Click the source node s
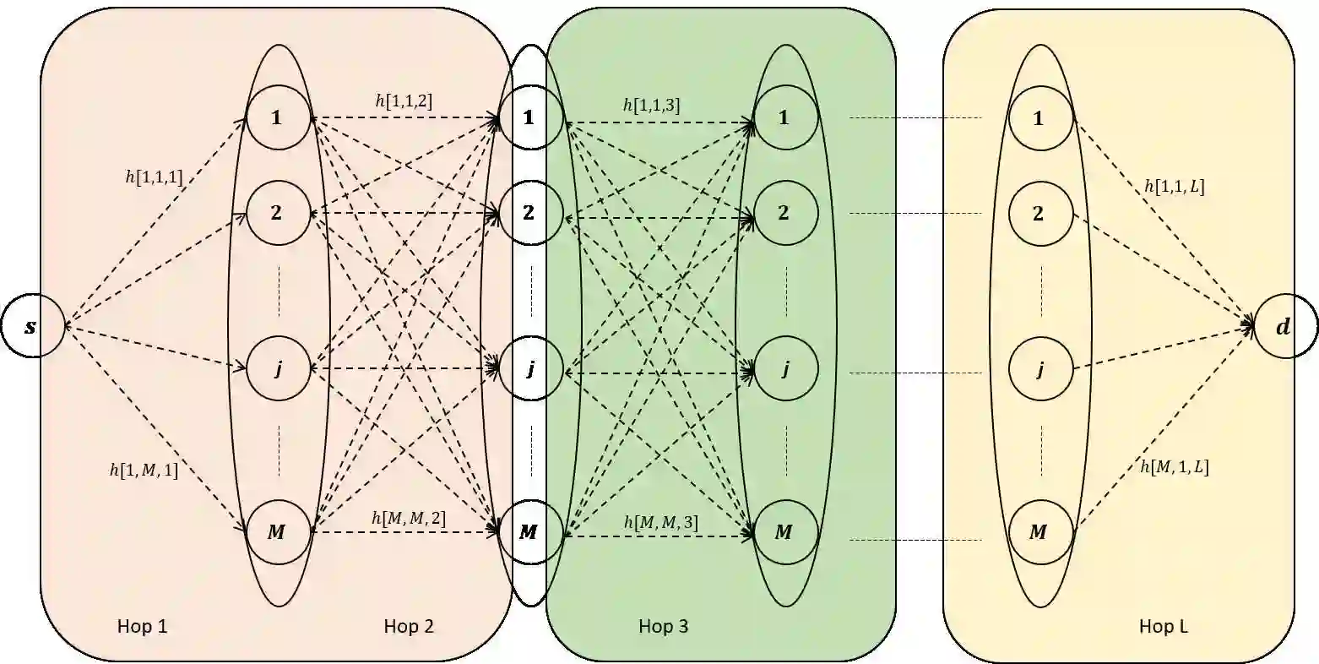[x=32, y=325]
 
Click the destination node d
[x=1284, y=326]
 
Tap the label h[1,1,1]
[x=154, y=177]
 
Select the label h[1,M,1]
[x=144, y=471]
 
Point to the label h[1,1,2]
[x=404, y=101]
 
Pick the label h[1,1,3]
[x=651, y=105]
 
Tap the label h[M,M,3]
[x=661, y=523]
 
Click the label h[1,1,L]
[x=1174, y=187]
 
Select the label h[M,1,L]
[x=1174, y=467]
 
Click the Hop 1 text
[x=143, y=626]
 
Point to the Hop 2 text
[x=409, y=626]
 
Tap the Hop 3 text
[x=664, y=626]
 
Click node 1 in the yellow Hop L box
[x=1039, y=118]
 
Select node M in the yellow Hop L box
[x=1039, y=532]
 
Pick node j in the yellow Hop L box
[x=1039, y=369]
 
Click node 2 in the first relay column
[x=277, y=212]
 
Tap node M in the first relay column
[x=277, y=532]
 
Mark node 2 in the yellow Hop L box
[x=1039, y=213]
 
